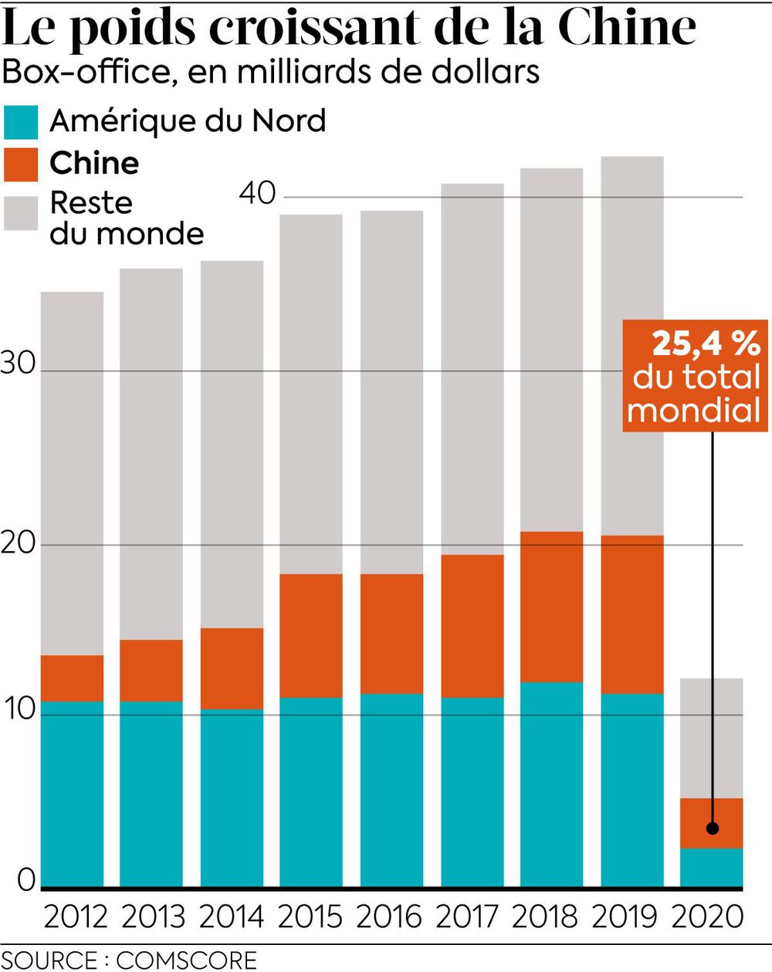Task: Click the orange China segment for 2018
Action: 551,607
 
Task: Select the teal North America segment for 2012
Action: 73,794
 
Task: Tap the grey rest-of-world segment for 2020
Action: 711,738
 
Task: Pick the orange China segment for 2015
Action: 310,636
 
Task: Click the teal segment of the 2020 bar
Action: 711,867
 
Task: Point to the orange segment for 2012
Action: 73,678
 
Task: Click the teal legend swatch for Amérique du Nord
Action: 21,123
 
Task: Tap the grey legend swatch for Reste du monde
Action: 21,212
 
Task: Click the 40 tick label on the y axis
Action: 257,193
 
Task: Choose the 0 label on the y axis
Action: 26,881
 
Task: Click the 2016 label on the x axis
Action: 391,916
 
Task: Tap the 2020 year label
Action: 708,916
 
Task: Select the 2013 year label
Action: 153,916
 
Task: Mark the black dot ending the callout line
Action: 713,828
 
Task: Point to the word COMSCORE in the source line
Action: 186,960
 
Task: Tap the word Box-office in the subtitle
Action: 90,71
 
